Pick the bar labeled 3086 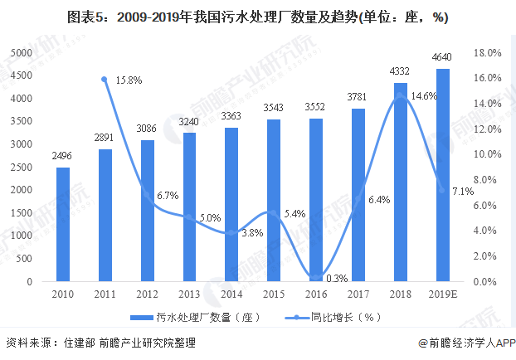pos(148,211)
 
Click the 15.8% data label pos(129,80)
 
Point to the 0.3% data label pos(335,278)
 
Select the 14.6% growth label pos(424,95)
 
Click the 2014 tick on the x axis pos(231,295)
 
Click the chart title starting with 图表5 pos(258,17)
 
